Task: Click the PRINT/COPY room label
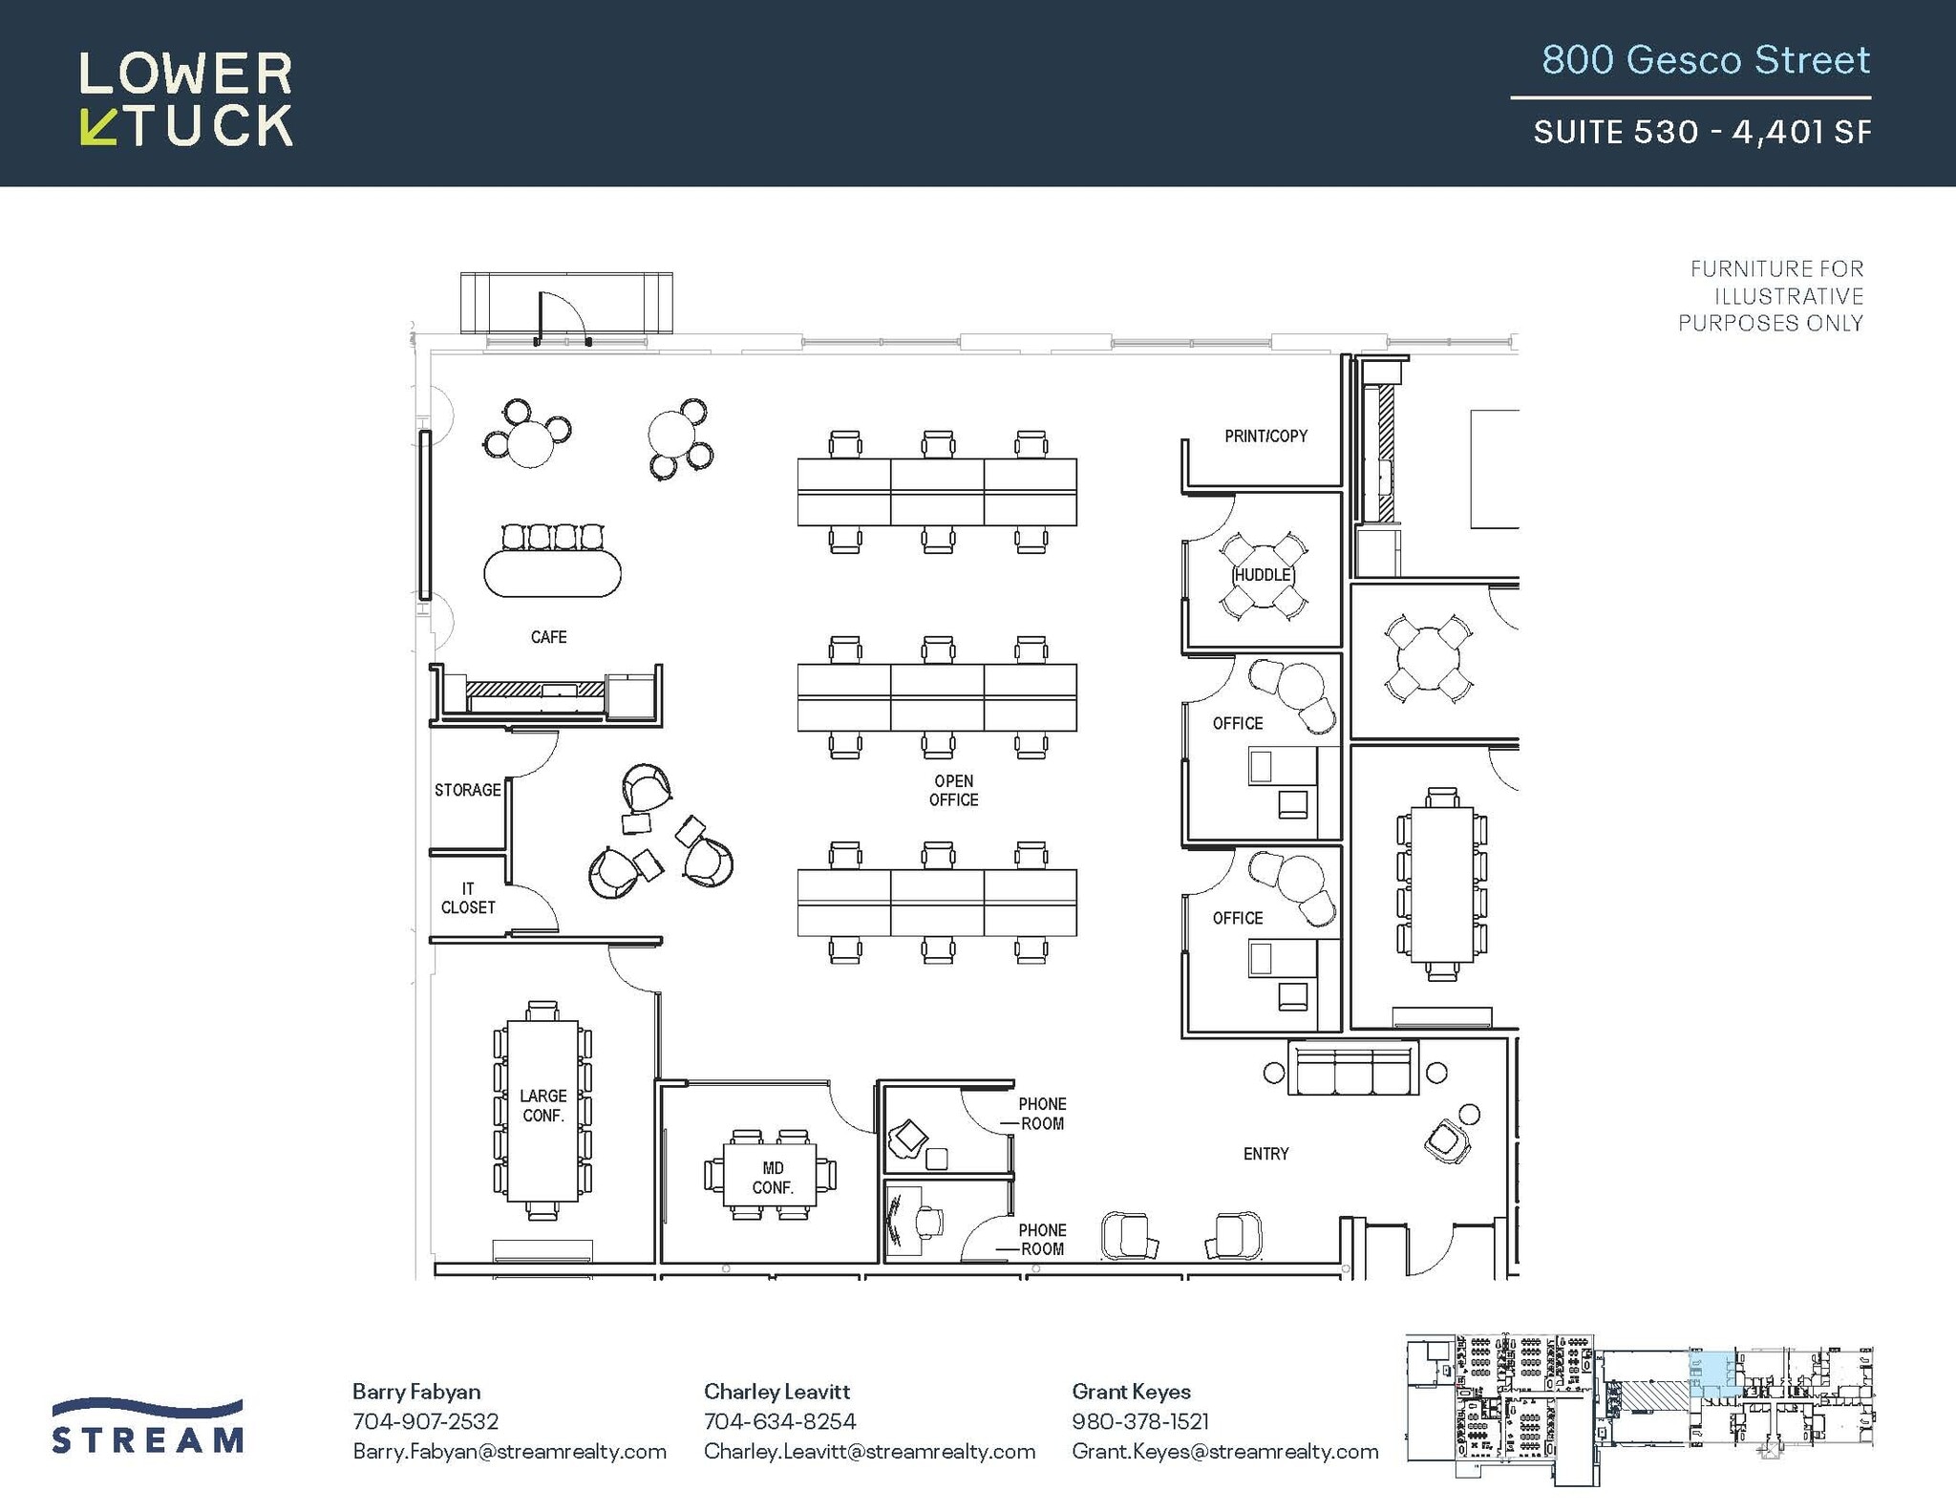pos(1265,437)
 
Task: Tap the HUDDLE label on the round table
pos(1263,575)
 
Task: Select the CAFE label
pos(548,637)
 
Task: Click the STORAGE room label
pos(467,790)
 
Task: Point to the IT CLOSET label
pos(468,898)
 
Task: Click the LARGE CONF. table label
pos(542,1105)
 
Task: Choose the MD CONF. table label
pos(773,1178)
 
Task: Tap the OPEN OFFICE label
pos(953,791)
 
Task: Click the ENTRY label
pos(1265,1154)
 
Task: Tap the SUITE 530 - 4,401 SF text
pos(1701,132)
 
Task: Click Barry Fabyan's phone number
pos(425,1421)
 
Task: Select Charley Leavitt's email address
pos(869,1452)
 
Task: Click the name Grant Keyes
pos(1131,1392)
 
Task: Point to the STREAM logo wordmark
pos(148,1438)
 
